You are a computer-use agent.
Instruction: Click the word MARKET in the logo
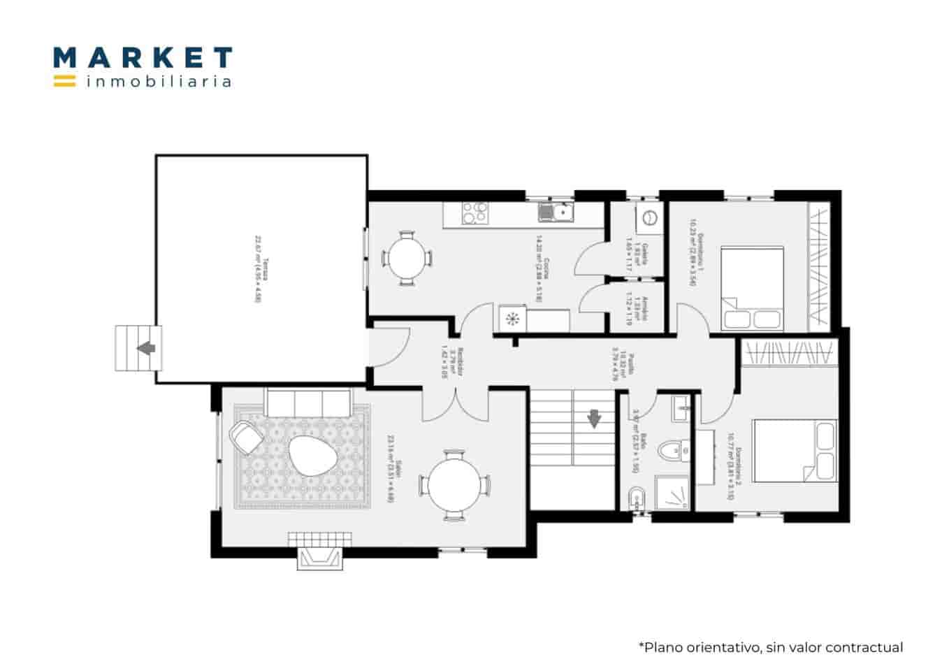click(x=143, y=57)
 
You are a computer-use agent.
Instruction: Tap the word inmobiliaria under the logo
click(x=159, y=82)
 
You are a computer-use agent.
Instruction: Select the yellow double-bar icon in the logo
click(x=64, y=80)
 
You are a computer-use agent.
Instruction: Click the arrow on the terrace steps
click(x=146, y=347)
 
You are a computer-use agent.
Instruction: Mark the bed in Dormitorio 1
click(x=751, y=287)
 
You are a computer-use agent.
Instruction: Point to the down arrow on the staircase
click(x=594, y=418)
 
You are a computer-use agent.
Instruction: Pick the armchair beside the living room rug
click(x=245, y=437)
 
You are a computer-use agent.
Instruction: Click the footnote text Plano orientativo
click(x=770, y=647)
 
